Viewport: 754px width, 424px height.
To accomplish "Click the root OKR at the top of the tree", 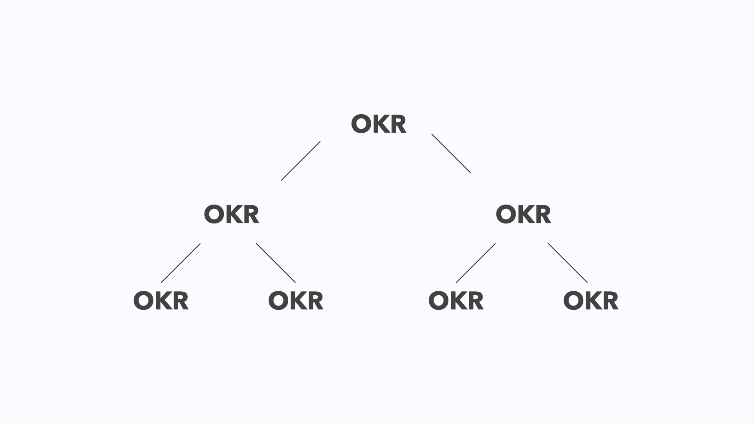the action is pyautogui.click(x=379, y=124).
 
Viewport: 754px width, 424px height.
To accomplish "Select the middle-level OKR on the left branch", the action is pyautogui.click(x=231, y=214).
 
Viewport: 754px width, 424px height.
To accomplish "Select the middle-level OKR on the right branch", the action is pyautogui.click(x=523, y=214).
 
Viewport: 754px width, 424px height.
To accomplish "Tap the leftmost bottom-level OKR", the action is pyautogui.click(x=161, y=301).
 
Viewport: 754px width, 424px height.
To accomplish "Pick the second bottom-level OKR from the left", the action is pyautogui.click(x=296, y=301).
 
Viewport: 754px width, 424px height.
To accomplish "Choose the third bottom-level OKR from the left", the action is pyautogui.click(x=456, y=301).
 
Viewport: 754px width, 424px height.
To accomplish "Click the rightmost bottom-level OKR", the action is pyautogui.click(x=591, y=301).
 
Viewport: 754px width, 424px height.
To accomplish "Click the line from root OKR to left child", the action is pyautogui.click(x=300, y=161).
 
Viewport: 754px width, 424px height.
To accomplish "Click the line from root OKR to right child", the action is pyautogui.click(x=451, y=153).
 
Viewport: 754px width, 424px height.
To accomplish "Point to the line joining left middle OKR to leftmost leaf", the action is pyautogui.click(x=181, y=263).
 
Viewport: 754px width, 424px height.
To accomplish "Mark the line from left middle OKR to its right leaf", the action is pyautogui.click(x=276, y=263).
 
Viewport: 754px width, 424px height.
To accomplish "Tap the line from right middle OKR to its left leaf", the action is pyautogui.click(x=476, y=263).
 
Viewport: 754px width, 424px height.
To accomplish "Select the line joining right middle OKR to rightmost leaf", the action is pyautogui.click(x=568, y=263).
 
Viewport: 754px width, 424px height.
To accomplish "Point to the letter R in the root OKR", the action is pyautogui.click(x=398, y=124).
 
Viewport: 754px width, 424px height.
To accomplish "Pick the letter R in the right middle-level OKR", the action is pyautogui.click(x=543, y=214).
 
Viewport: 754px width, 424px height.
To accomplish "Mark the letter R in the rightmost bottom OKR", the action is pyautogui.click(x=610, y=301).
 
